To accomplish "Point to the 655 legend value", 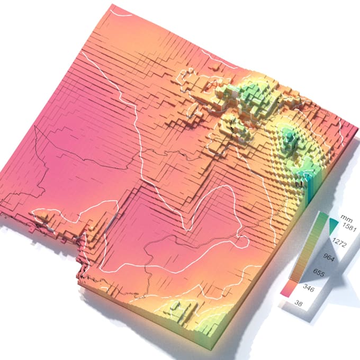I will pos(319,273).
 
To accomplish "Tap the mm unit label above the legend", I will pos(347,218).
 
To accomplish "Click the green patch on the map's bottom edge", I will pos(183,310).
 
